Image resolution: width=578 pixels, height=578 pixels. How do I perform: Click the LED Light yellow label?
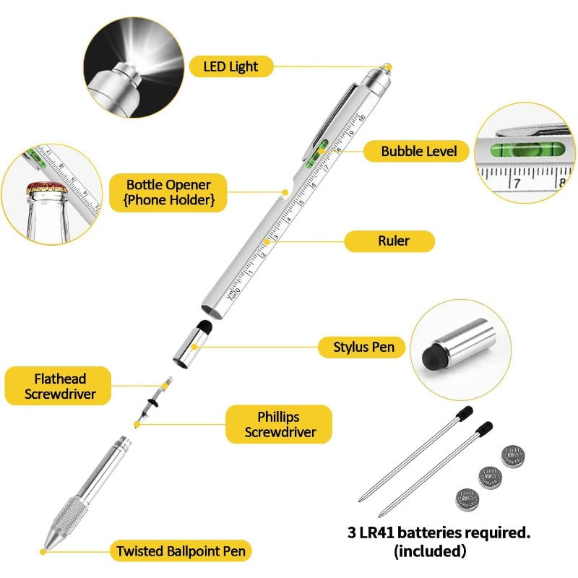coord(231,66)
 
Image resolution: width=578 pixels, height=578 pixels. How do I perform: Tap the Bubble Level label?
coord(416,151)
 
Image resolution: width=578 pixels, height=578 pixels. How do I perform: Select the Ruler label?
coord(389,241)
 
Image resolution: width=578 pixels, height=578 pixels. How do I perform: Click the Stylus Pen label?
coord(361,348)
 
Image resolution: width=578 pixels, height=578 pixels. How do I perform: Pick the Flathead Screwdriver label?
coord(58,386)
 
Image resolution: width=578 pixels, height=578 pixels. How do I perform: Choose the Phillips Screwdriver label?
coord(279,424)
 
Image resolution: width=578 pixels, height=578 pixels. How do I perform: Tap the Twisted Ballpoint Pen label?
coord(181,551)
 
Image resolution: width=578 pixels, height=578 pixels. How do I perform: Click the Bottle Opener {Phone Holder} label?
coord(168,192)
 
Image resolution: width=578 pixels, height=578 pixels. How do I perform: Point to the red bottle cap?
coord(46,188)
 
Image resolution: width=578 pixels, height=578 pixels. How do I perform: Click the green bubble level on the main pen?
coord(317,153)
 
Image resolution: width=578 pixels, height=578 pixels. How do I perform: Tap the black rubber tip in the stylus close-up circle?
coord(433,358)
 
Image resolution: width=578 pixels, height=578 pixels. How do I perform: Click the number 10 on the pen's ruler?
coord(362,118)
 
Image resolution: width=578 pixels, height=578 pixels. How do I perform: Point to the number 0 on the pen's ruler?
coord(237,290)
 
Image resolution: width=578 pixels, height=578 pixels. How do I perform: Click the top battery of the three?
coord(513,457)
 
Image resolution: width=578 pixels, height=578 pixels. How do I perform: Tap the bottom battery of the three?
coord(467,500)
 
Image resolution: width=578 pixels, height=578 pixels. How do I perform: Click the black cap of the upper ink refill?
coord(465,412)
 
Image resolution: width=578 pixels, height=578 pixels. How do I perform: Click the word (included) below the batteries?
coord(430,551)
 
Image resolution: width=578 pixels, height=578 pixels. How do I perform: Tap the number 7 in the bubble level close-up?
coord(517,183)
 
